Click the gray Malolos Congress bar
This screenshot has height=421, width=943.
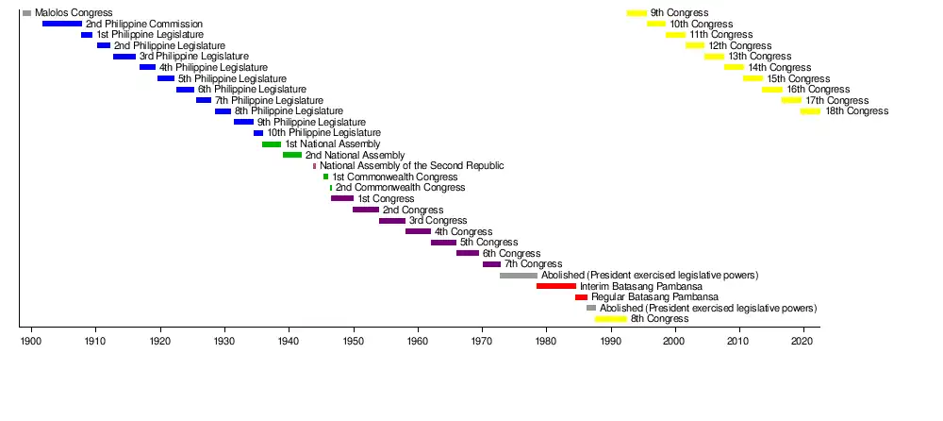[x=26, y=12]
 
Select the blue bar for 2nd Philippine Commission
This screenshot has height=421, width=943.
[x=62, y=24]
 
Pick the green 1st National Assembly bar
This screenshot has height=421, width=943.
[x=272, y=144]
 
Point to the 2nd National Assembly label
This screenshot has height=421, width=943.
[x=355, y=155]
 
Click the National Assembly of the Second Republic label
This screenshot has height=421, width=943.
[x=411, y=166]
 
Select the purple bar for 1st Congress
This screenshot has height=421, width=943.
[x=342, y=199]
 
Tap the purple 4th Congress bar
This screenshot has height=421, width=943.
[x=418, y=231]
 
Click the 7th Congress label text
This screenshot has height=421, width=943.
[x=533, y=264]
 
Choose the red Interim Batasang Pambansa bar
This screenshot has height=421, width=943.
[x=556, y=286]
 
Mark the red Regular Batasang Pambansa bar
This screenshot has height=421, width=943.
[x=581, y=297]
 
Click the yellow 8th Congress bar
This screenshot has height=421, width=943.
[x=611, y=319]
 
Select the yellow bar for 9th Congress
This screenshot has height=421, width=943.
[x=637, y=12]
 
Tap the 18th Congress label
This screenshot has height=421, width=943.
[x=856, y=111]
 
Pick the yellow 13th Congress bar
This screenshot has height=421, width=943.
[x=714, y=57]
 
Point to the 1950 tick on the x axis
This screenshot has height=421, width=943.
[x=354, y=328]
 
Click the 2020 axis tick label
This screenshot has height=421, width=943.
[x=803, y=340]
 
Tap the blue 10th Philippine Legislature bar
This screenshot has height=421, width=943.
[x=258, y=133]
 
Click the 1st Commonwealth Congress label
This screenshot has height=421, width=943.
[x=394, y=177]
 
